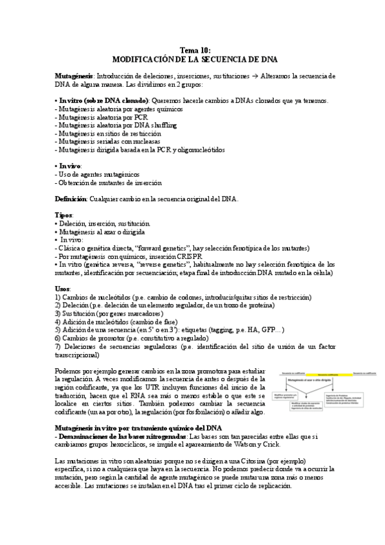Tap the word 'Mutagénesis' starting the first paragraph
[74, 76]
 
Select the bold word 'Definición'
[70, 199]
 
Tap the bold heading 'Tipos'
[64, 215]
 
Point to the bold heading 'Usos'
[63, 289]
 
